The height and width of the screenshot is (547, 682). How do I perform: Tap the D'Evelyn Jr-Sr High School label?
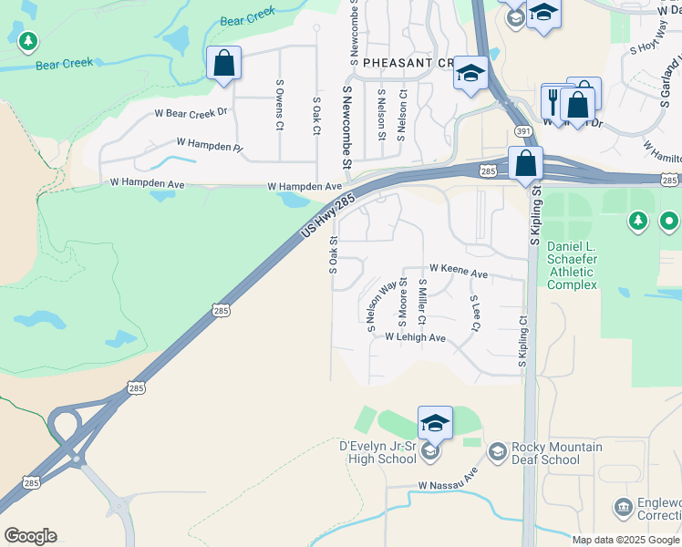click(x=377, y=453)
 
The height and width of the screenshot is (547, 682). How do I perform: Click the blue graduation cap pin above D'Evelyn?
click(x=435, y=423)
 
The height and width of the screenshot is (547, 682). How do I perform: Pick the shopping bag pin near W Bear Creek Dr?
click(x=223, y=64)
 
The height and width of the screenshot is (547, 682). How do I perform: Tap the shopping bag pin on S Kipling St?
click(x=525, y=164)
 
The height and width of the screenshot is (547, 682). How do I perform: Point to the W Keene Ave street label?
click(x=459, y=272)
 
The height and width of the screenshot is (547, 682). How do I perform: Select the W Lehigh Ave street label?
click(x=415, y=337)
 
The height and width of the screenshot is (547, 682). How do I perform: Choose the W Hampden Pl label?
click(x=211, y=144)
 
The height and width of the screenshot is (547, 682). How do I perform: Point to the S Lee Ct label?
click(x=475, y=313)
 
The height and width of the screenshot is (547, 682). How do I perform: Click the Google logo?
click(x=30, y=536)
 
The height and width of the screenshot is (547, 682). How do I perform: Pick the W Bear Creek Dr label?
click(x=190, y=113)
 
